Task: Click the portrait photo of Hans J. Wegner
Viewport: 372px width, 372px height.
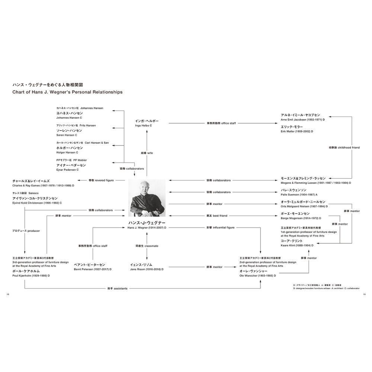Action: (x=147, y=198)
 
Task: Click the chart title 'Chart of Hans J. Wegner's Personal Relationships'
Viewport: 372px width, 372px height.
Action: (x=67, y=92)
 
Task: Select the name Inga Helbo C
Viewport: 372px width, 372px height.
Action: (x=144, y=126)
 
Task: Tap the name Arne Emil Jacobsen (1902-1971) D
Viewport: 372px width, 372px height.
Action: (x=303, y=120)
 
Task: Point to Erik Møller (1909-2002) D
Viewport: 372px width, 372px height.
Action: (x=297, y=131)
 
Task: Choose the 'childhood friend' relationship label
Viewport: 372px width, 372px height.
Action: (x=344, y=148)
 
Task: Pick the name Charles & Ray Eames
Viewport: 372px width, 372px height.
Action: (x=43, y=185)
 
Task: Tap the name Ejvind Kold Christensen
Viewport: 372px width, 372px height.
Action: (x=37, y=203)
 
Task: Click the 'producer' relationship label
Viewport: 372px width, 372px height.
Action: (x=26, y=231)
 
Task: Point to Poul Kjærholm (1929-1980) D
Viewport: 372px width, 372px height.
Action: (x=31, y=276)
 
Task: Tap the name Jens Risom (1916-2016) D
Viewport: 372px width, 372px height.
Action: (x=145, y=269)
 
